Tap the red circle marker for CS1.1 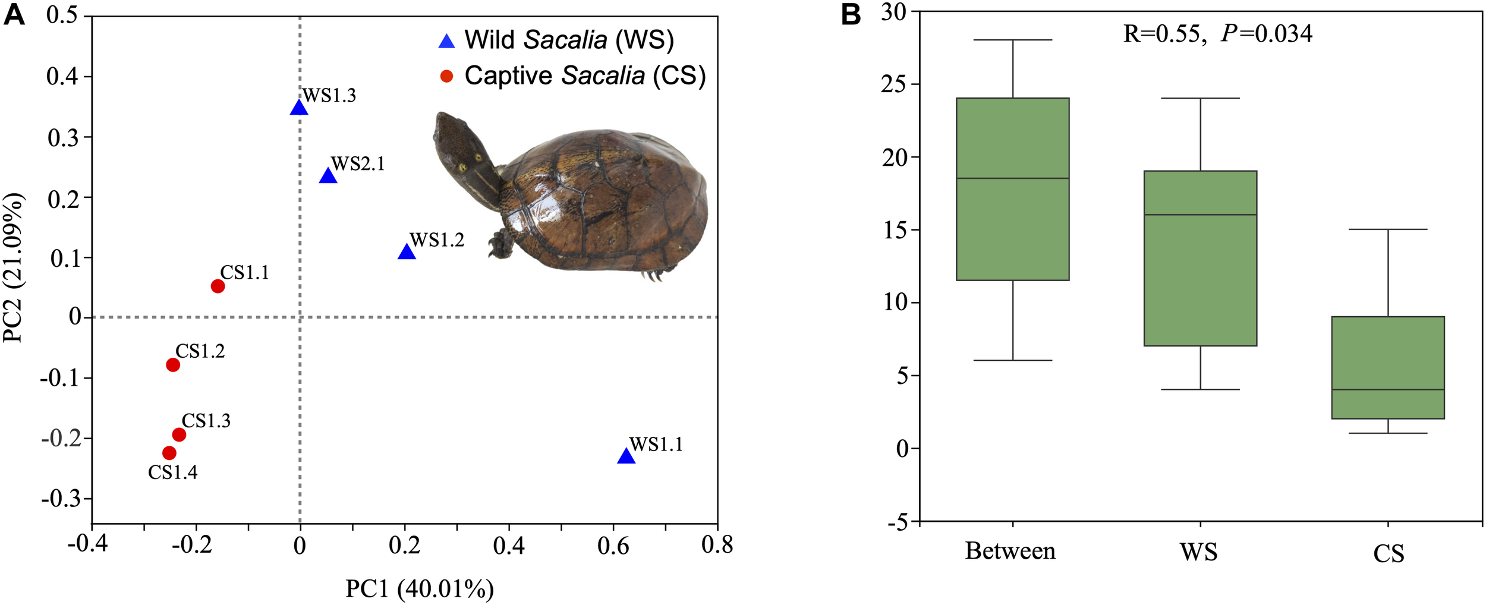click(x=218, y=286)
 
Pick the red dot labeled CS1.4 click(x=169, y=453)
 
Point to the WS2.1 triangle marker click(x=328, y=177)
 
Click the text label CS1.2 click(x=200, y=351)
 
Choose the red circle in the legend click(x=446, y=76)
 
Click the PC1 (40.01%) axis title click(x=420, y=589)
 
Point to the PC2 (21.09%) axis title click(x=13, y=267)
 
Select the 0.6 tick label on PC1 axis click(x=613, y=546)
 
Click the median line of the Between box click(x=1012, y=178)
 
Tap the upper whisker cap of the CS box click(x=1388, y=229)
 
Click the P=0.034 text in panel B click(x=1266, y=34)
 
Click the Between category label click(x=1010, y=551)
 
